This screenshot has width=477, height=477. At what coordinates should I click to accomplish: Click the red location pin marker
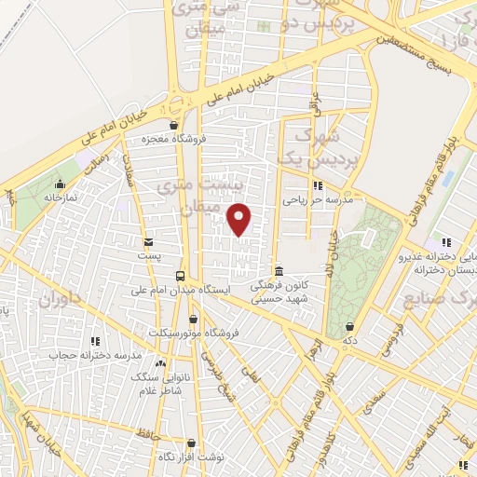(240, 218)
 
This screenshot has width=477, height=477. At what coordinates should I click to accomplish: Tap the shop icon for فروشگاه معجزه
(172, 124)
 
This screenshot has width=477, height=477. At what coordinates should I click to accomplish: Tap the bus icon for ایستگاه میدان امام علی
(182, 275)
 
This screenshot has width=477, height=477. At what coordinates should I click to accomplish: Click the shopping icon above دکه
(349, 326)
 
